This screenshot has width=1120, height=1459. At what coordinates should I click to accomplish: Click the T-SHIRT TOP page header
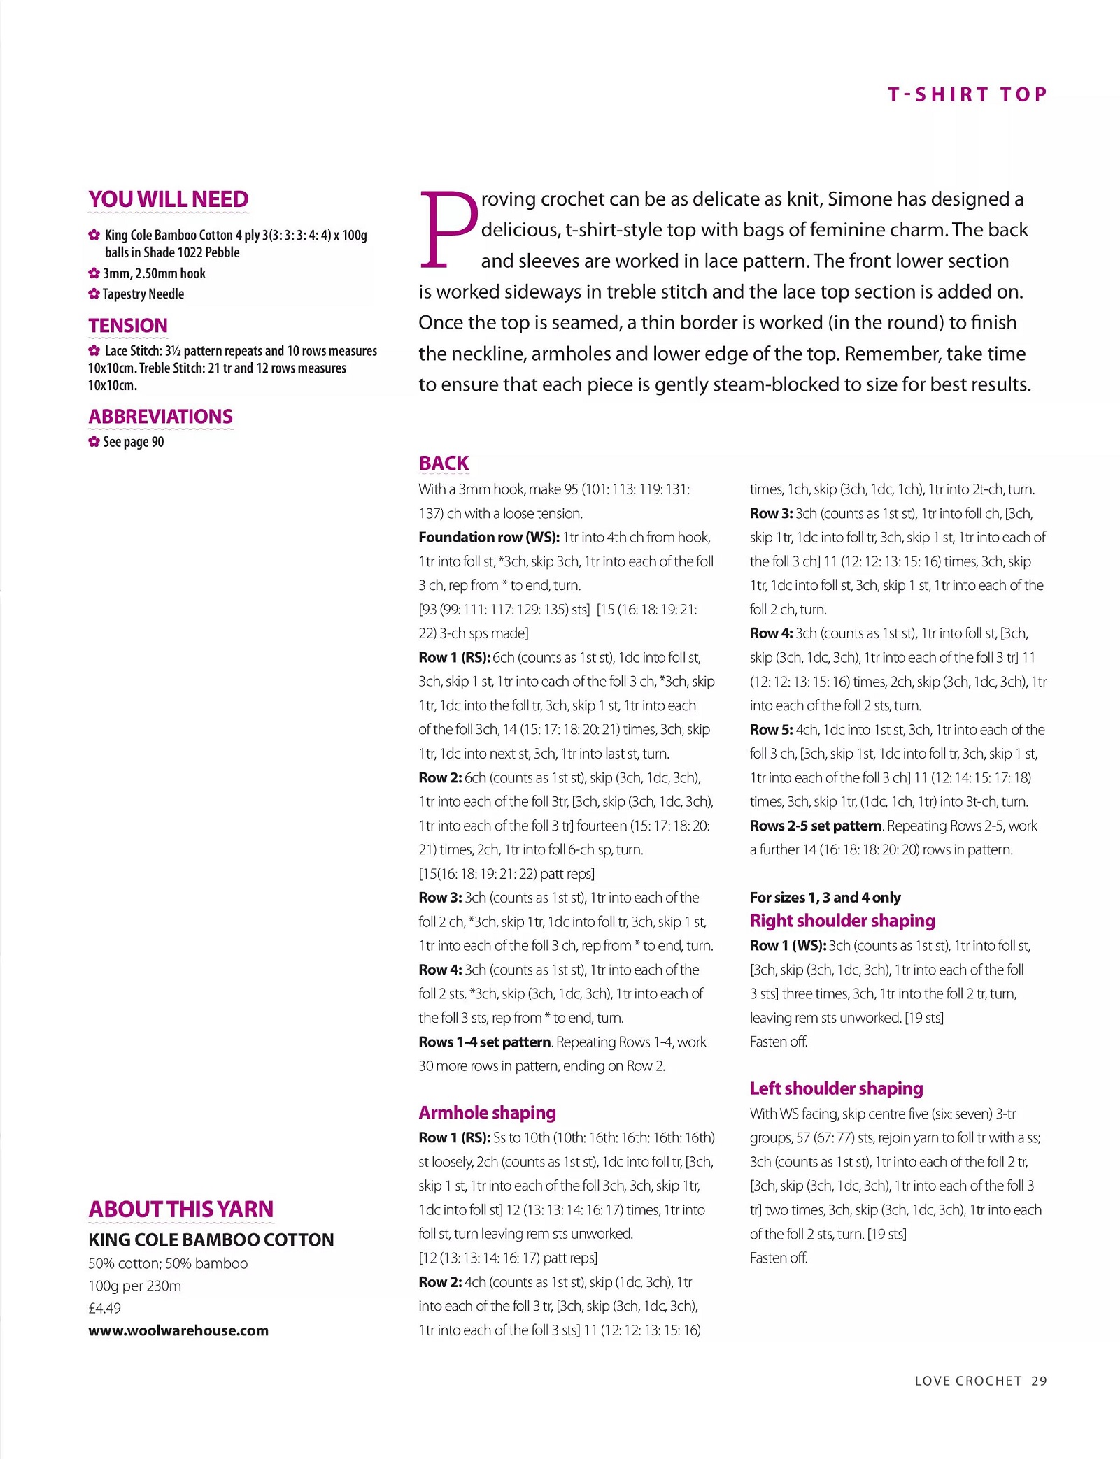click(x=967, y=94)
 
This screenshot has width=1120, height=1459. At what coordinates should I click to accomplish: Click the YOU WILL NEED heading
click(x=168, y=199)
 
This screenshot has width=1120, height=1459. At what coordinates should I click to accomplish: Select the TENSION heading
click(x=128, y=326)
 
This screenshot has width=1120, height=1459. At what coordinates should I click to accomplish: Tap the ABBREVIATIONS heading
click(x=160, y=417)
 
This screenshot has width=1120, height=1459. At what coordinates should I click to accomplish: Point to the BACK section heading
click(x=444, y=463)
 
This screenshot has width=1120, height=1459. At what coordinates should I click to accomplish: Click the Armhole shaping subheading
click(x=487, y=1112)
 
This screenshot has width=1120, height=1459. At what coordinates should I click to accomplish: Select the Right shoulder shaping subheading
click(x=842, y=920)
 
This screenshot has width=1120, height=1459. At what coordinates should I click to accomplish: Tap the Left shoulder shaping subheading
click(x=836, y=1088)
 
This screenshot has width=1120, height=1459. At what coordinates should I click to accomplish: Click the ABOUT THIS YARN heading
click(x=180, y=1209)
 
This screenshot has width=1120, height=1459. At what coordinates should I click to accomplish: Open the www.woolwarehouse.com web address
click(x=178, y=1330)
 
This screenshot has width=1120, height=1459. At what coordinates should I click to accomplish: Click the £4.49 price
click(x=104, y=1308)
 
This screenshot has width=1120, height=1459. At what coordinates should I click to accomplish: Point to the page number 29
click(x=1039, y=1381)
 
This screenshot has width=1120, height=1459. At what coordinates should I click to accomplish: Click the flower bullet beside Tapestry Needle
click(x=94, y=294)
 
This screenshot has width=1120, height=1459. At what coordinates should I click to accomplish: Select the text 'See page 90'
click(x=133, y=442)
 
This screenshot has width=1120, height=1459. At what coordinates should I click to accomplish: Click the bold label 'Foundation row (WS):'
click(x=489, y=537)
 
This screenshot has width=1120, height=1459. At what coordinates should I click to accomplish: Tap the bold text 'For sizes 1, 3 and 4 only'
click(x=825, y=897)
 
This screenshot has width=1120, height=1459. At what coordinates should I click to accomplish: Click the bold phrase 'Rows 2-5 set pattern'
click(x=815, y=826)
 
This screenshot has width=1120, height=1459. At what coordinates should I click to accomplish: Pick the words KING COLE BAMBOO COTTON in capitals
click(x=211, y=1239)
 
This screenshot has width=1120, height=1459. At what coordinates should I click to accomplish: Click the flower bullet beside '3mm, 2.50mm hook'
click(x=94, y=273)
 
